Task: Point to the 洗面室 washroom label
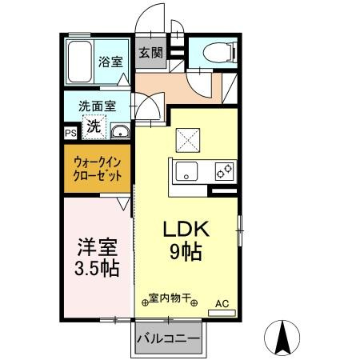coord(96,105)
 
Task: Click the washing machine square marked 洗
coord(94,126)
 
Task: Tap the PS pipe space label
coord(70,134)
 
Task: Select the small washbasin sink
coord(120,132)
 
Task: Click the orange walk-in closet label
coord(97,167)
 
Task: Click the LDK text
coord(186,230)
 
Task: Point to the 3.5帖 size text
coord(95,269)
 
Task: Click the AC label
coord(222,303)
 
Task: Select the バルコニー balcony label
coord(168,339)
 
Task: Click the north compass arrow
coord(283,337)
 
